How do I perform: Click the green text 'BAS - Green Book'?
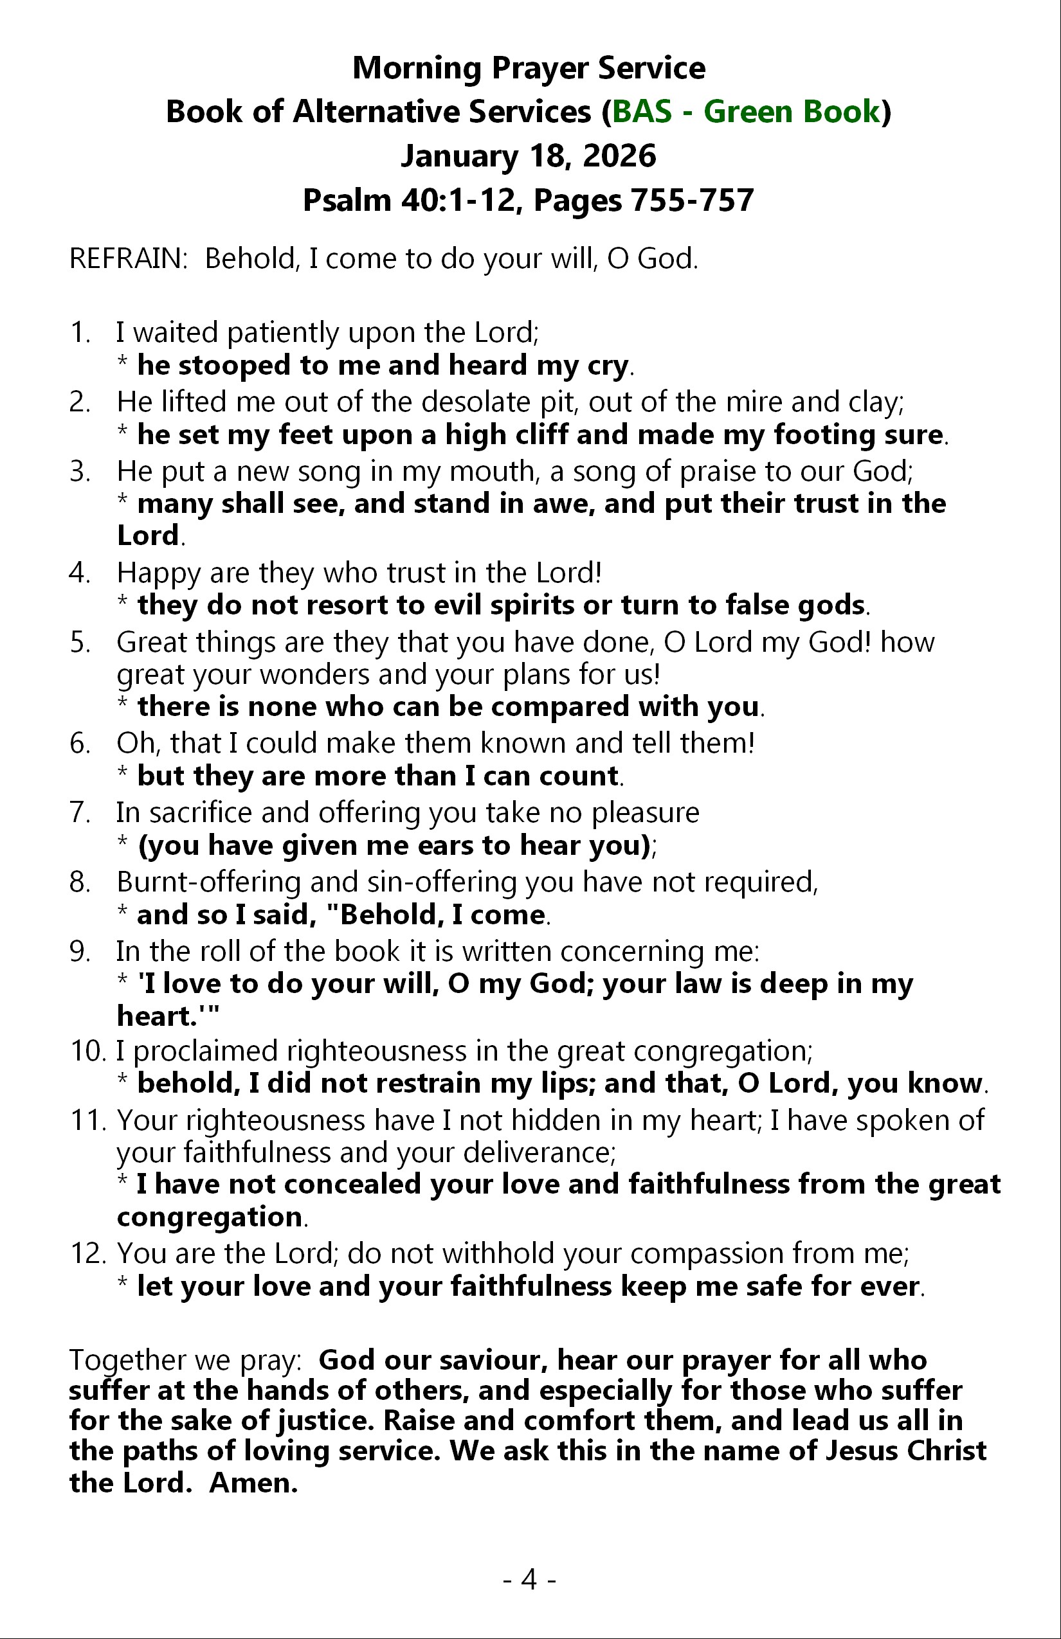click(x=745, y=112)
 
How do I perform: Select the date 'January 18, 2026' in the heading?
click(x=529, y=156)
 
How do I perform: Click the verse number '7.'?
click(x=80, y=812)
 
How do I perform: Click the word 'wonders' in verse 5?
click(x=315, y=675)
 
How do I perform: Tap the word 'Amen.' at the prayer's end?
click(x=253, y=1482)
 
